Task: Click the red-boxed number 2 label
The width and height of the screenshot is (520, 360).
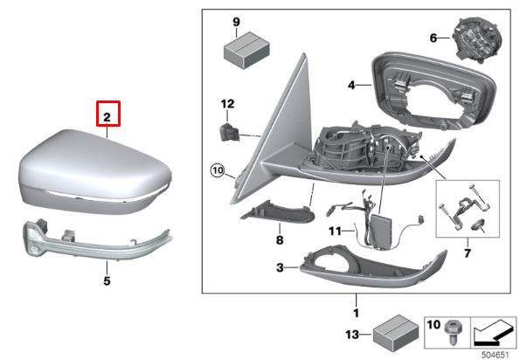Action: point(107,115)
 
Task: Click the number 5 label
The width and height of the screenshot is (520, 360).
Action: point(107,281)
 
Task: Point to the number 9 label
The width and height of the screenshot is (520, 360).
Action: point(235,20)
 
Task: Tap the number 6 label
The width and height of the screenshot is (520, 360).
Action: point(433,38)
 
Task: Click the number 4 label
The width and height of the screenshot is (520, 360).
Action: point(352,86)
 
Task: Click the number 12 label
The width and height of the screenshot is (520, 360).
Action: point(227,104)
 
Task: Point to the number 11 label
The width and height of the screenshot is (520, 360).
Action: point(336,232)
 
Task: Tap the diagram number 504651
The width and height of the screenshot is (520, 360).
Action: point(496,354)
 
